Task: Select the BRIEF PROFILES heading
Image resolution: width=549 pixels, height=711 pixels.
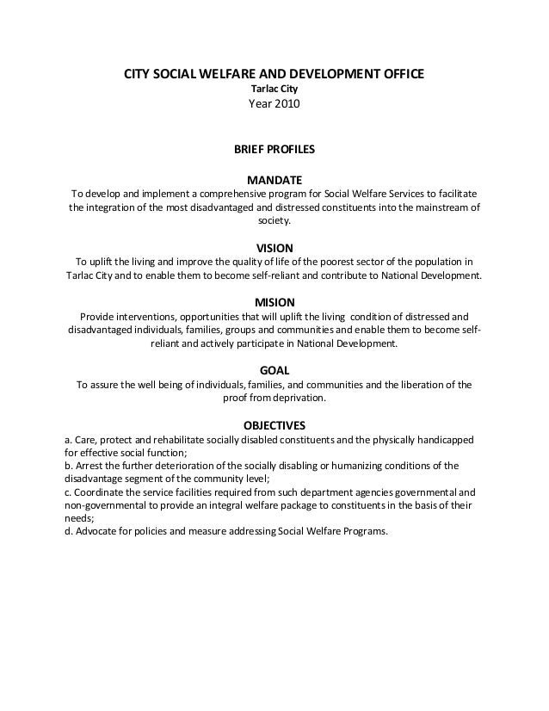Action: pyautogui.click(x=274, y=149)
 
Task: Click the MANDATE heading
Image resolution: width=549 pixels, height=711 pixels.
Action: pyautogui.click(x=274, y=180)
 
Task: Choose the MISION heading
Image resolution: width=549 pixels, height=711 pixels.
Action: pyautogui.click(x=274, y=302)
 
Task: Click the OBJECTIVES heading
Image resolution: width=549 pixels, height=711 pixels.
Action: pyautogui.click(x=274, y=425)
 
